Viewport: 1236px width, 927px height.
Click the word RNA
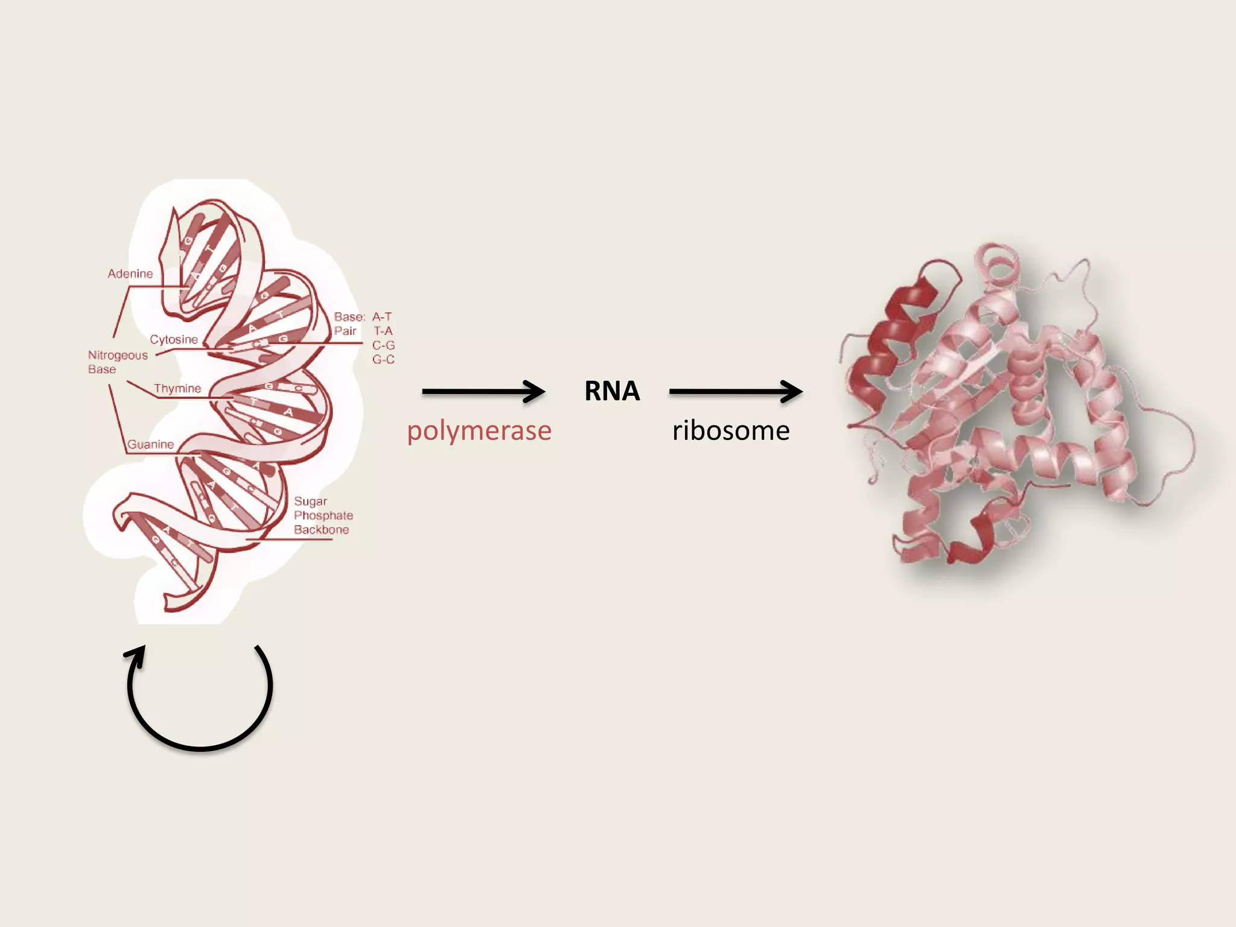pos(611,391)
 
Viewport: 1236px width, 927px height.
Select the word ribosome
pos(731,431)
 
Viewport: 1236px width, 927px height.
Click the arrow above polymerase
pos(483,392)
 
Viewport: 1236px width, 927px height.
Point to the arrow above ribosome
pos(735,392)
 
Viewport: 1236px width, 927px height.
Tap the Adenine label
pos(130,274)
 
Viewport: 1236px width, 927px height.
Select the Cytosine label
pos(174,340)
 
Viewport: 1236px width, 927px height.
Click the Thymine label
pos(177,389)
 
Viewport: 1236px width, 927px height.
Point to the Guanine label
pos(151,445)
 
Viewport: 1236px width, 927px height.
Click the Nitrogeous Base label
pos(117,362)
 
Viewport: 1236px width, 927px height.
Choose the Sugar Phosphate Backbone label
pos(323,515)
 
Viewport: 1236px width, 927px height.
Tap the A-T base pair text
pos(382,317)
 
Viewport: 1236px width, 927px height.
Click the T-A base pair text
pos(383,331)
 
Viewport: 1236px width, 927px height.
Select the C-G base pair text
pos(383,345)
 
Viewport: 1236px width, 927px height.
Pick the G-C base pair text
pos(383,360)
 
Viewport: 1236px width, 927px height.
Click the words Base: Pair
pos(349,324)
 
